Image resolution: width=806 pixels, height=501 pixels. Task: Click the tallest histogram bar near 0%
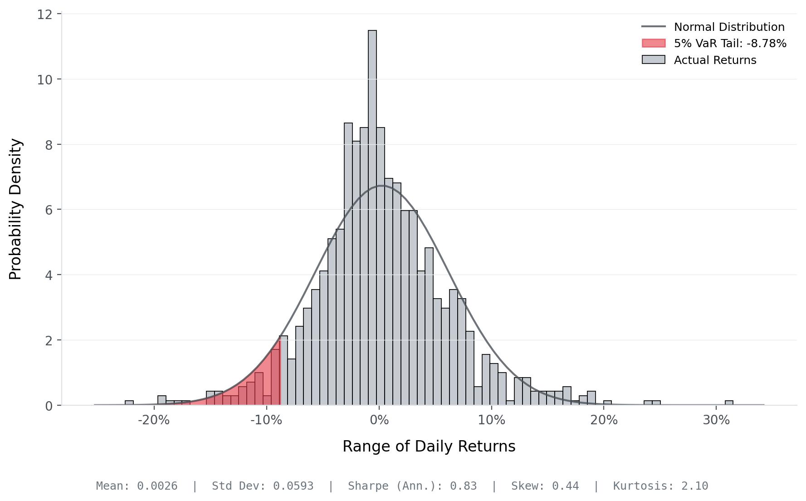pos(372,218)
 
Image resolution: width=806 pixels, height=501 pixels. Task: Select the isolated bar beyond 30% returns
pos(729,403)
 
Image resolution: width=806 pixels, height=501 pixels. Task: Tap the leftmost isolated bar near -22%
pos(129,403)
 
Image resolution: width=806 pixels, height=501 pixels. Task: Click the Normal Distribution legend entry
pos(729,27)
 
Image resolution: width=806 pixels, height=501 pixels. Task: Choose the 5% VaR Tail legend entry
pos(730,44)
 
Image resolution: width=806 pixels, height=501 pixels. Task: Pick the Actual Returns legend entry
pos(715,60)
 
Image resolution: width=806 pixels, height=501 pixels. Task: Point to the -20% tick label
pos(154,420)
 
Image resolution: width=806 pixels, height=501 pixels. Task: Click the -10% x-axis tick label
pos(266,420)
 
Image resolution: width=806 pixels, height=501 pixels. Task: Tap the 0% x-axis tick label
pos(379,420)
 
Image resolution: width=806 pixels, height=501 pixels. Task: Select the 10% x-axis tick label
pos(492,420)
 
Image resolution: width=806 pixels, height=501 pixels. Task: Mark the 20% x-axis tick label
pos(604,420)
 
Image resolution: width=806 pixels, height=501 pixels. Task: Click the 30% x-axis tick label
pos(716,420)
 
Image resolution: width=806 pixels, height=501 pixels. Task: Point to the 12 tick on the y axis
pos(45,15)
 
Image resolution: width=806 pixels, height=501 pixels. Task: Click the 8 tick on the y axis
pos(48,145)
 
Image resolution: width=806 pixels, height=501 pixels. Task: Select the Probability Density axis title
pos(15,209)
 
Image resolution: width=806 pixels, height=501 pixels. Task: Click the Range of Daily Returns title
pos(429,447)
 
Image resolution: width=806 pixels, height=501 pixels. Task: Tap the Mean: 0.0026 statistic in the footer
pos(137,486)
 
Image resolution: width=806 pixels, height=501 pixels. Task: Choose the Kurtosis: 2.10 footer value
pos(660,486)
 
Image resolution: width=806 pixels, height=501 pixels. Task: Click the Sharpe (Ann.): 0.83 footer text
pos(412,486)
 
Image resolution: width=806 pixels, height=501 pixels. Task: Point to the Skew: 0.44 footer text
pos(545,486)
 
